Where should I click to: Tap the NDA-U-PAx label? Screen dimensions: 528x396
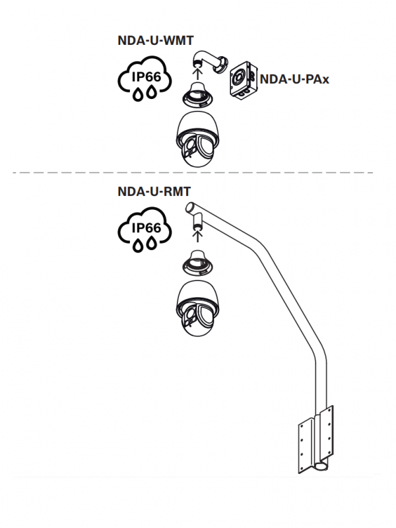294,80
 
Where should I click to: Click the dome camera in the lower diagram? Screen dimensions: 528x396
196,310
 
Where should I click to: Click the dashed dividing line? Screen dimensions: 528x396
198,172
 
